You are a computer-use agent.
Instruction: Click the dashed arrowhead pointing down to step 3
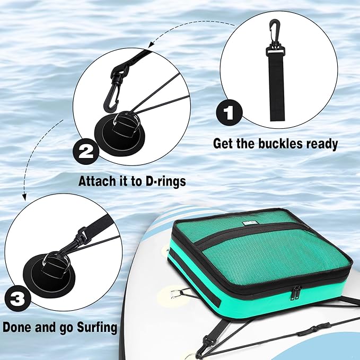pos(23,197)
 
